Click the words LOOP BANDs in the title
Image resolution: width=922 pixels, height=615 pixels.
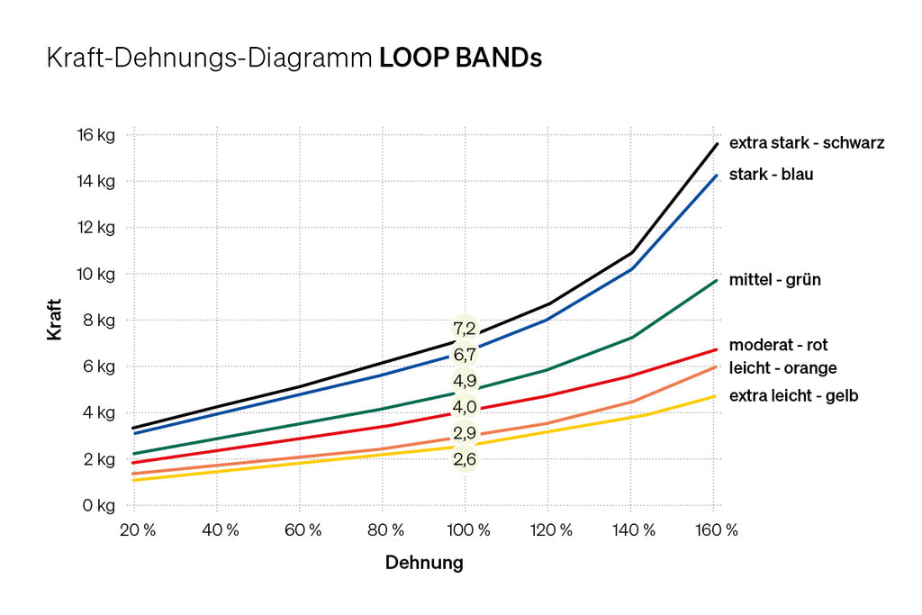(460, 59)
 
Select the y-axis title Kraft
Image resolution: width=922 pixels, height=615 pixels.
(55, 320)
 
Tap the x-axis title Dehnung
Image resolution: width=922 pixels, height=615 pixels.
(424, 564)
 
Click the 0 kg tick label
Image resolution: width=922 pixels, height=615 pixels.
(98, 505)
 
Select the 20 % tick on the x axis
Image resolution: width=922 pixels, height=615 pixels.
(137, 530)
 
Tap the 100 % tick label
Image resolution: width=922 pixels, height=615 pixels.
(465, 530)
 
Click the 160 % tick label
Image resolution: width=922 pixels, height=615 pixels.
(717, 530)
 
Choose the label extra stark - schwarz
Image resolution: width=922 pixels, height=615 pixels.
(807, 142)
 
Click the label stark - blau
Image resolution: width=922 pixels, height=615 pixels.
(770, 174)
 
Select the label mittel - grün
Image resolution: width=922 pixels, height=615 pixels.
(774, 280)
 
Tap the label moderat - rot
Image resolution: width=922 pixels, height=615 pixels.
(778, 345)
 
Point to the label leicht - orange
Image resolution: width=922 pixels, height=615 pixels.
(782, 368)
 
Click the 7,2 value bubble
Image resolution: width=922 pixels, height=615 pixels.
(465, 329)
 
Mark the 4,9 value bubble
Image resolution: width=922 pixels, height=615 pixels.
(465, 381)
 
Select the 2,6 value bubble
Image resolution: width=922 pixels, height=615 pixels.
(465, 460)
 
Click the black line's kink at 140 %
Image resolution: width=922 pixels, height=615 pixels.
(631, 252)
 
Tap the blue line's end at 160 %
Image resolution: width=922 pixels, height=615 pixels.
(717, 176)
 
